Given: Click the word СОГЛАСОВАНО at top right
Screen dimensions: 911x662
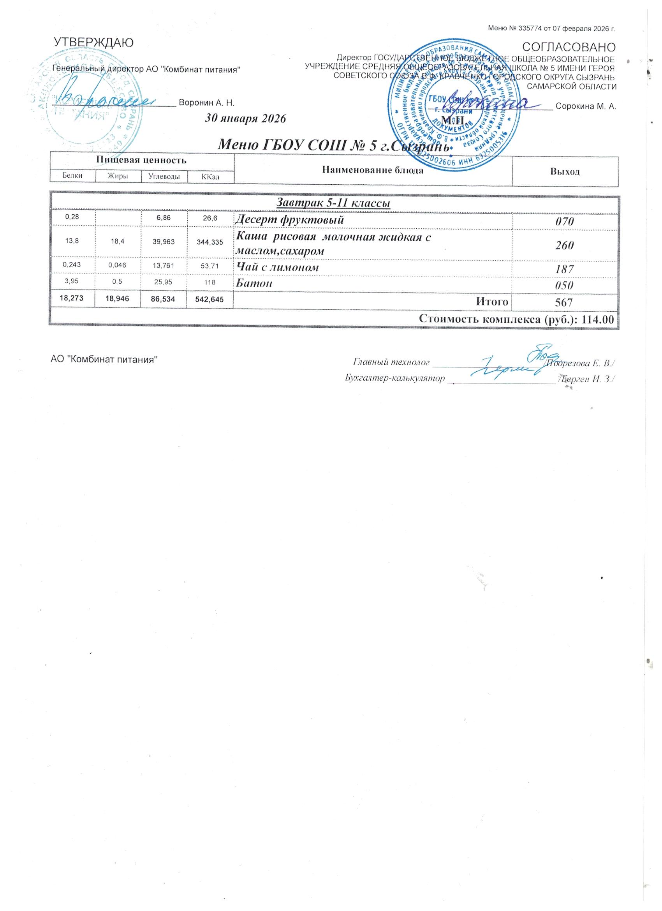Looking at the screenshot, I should pos(569,47).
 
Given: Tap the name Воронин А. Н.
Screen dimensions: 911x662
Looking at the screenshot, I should pos(206,103).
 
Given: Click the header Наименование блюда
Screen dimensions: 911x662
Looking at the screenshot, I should pos(373,171).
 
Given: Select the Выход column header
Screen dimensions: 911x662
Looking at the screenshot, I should pos(565,172).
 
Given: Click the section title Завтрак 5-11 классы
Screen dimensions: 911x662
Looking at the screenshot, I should pos(334,203).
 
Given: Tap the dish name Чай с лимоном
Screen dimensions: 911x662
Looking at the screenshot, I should pos(277,267).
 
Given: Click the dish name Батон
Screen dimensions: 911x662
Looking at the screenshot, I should pos(254,283).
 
